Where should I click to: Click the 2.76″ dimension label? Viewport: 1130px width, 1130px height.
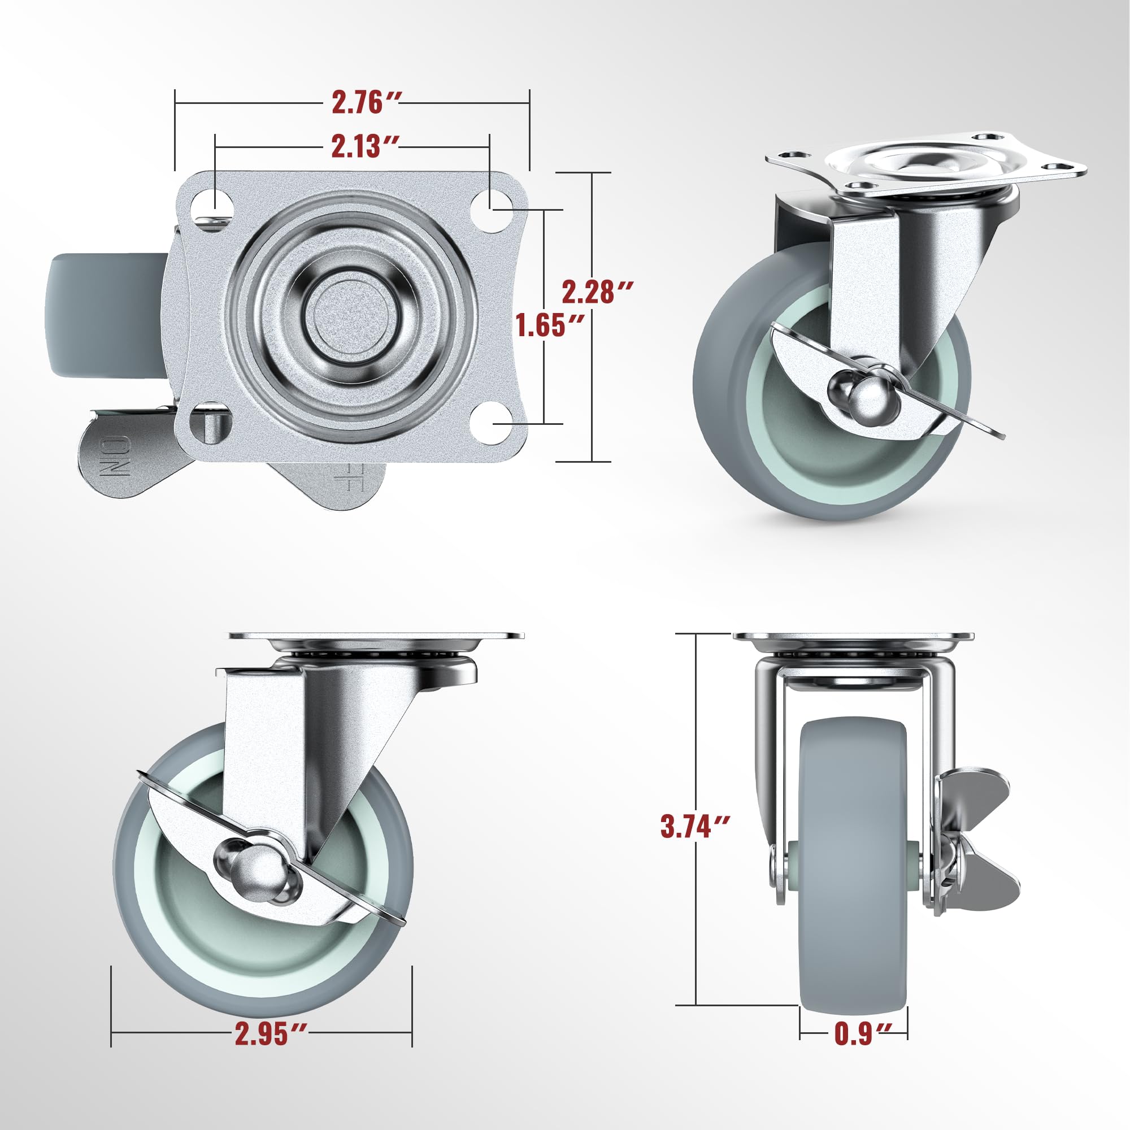(x=365, y=103)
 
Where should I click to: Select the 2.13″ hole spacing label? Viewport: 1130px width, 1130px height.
(x=365, y=146)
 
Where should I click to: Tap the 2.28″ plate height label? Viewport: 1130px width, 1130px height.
(x=597, y=292)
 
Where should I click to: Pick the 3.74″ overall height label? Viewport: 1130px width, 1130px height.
(x=695, y=827)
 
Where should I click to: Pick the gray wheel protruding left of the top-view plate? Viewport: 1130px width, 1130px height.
(x=105, y=315)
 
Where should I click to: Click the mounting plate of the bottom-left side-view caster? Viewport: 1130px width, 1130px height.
(x=376, y=636)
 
